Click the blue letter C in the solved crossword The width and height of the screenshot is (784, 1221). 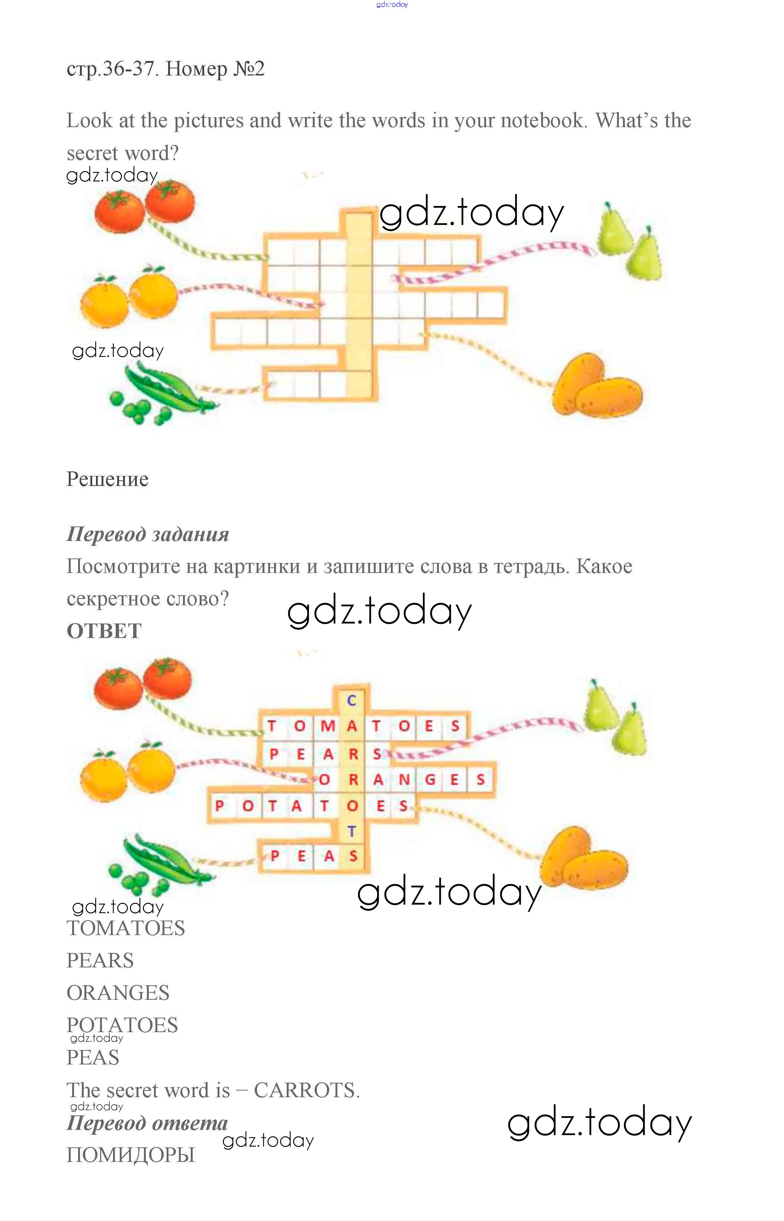(x=351, y=701)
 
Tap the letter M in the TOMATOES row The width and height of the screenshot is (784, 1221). (x=327, y=726)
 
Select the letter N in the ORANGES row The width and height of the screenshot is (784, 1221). (x=404, y=780)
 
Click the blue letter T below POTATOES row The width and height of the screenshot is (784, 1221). (x=351, y=832)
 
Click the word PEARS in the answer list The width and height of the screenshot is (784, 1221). (x=100, y=960)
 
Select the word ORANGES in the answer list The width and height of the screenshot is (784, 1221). (x=118, y=993)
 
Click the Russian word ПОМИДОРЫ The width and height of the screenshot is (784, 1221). (x=131, y=1155)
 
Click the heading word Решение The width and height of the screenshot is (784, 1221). (x=107, y=480)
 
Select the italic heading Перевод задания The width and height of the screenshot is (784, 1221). (x=148, y=534)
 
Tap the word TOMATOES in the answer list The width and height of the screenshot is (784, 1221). (x=126, y=928)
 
